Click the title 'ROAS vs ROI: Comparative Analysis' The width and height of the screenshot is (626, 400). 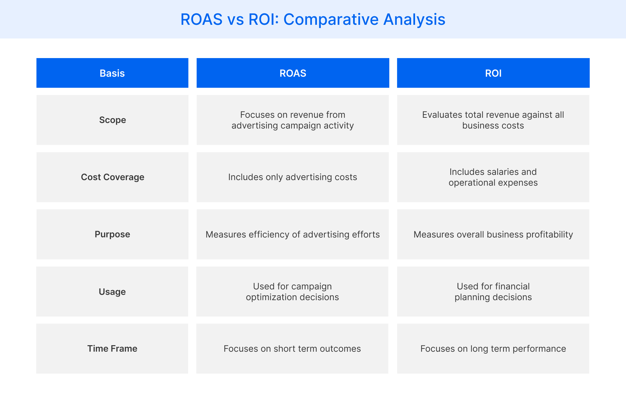pyautogui.click(x=313, y=19)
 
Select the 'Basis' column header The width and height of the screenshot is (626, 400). pyautogui.click(x=112, y=73)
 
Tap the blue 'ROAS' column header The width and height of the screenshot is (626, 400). pyautogui.click(x=293, y=73)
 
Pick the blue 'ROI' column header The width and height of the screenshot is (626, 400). pyautogui.click(x=493, y=73)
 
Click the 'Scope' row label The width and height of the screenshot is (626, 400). pyautogui.click(x=112, y=120)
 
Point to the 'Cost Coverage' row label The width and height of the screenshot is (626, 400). pyautogui.click(x=112, y=177)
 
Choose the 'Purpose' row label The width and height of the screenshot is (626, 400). pyautogui.click(x=112, y=234)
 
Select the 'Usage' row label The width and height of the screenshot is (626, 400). pyautogui.click(x=112, y=292)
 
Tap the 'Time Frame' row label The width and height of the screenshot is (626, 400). pyautogui.click(x=112, y=349)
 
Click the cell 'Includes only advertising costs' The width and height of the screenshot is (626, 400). pyautogui.click(x=292, y=177)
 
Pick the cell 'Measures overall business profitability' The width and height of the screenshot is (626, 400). pyautogui.click(x=493, y=235)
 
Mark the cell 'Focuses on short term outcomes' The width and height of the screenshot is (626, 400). pyautogui.click(x=292, y=349)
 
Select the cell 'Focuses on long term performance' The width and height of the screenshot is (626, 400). pyautogui.click(x=493, y=349)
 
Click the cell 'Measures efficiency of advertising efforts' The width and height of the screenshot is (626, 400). pyautogui.click(x=292, y=235)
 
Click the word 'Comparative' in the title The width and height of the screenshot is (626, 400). pyautogui.click(x=331, y=19)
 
